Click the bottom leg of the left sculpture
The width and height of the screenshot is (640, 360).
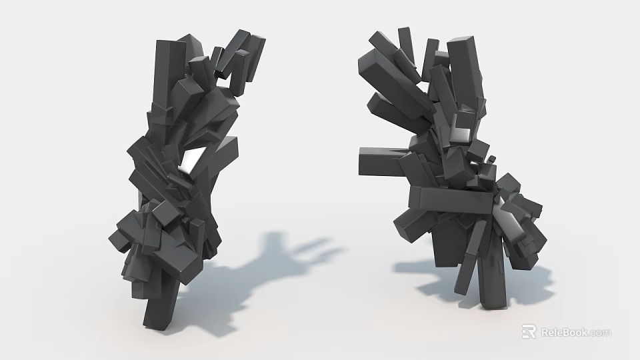coord(161,303)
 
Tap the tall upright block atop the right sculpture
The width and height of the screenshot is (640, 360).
coord(465,67)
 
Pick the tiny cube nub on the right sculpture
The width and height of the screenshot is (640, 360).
coord(492,159)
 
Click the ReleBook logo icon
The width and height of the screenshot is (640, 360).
coord(529,331)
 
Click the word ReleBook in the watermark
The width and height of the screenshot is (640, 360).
coord(564,332)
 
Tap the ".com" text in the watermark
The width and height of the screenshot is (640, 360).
coord(599,333)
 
